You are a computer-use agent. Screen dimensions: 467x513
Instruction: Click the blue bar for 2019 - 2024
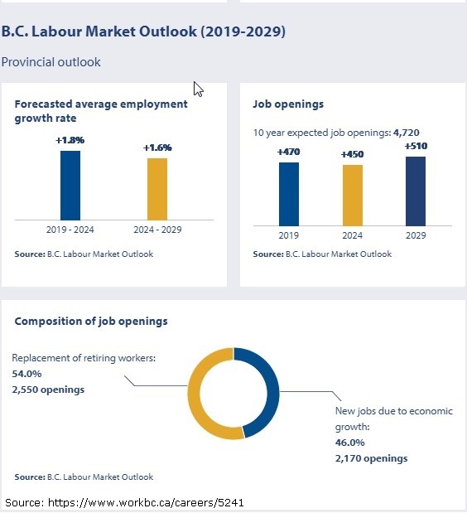70,186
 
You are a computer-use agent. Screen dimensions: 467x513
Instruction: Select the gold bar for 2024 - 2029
157,189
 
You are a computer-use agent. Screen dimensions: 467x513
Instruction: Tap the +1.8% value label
70,140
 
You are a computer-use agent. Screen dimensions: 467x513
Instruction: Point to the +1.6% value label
157,148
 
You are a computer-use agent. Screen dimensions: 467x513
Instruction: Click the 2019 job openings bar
289,194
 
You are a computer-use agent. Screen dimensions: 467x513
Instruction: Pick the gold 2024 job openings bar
353,196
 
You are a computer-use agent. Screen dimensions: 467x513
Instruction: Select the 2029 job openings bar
416,191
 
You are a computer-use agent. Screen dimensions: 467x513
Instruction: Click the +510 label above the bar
416,146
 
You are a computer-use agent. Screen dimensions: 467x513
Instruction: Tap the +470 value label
289,152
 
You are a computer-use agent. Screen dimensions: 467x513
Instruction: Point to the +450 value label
352,154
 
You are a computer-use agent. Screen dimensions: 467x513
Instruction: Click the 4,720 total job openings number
407,133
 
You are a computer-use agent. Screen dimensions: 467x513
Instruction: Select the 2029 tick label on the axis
416,235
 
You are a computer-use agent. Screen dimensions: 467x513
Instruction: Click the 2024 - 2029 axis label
157,230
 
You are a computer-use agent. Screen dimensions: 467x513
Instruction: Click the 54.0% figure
26,374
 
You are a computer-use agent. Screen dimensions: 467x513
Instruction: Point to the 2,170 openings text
371,458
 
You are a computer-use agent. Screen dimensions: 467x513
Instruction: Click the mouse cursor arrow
198,90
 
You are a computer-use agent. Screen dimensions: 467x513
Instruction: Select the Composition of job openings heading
91,322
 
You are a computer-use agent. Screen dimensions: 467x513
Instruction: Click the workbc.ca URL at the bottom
146,502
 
